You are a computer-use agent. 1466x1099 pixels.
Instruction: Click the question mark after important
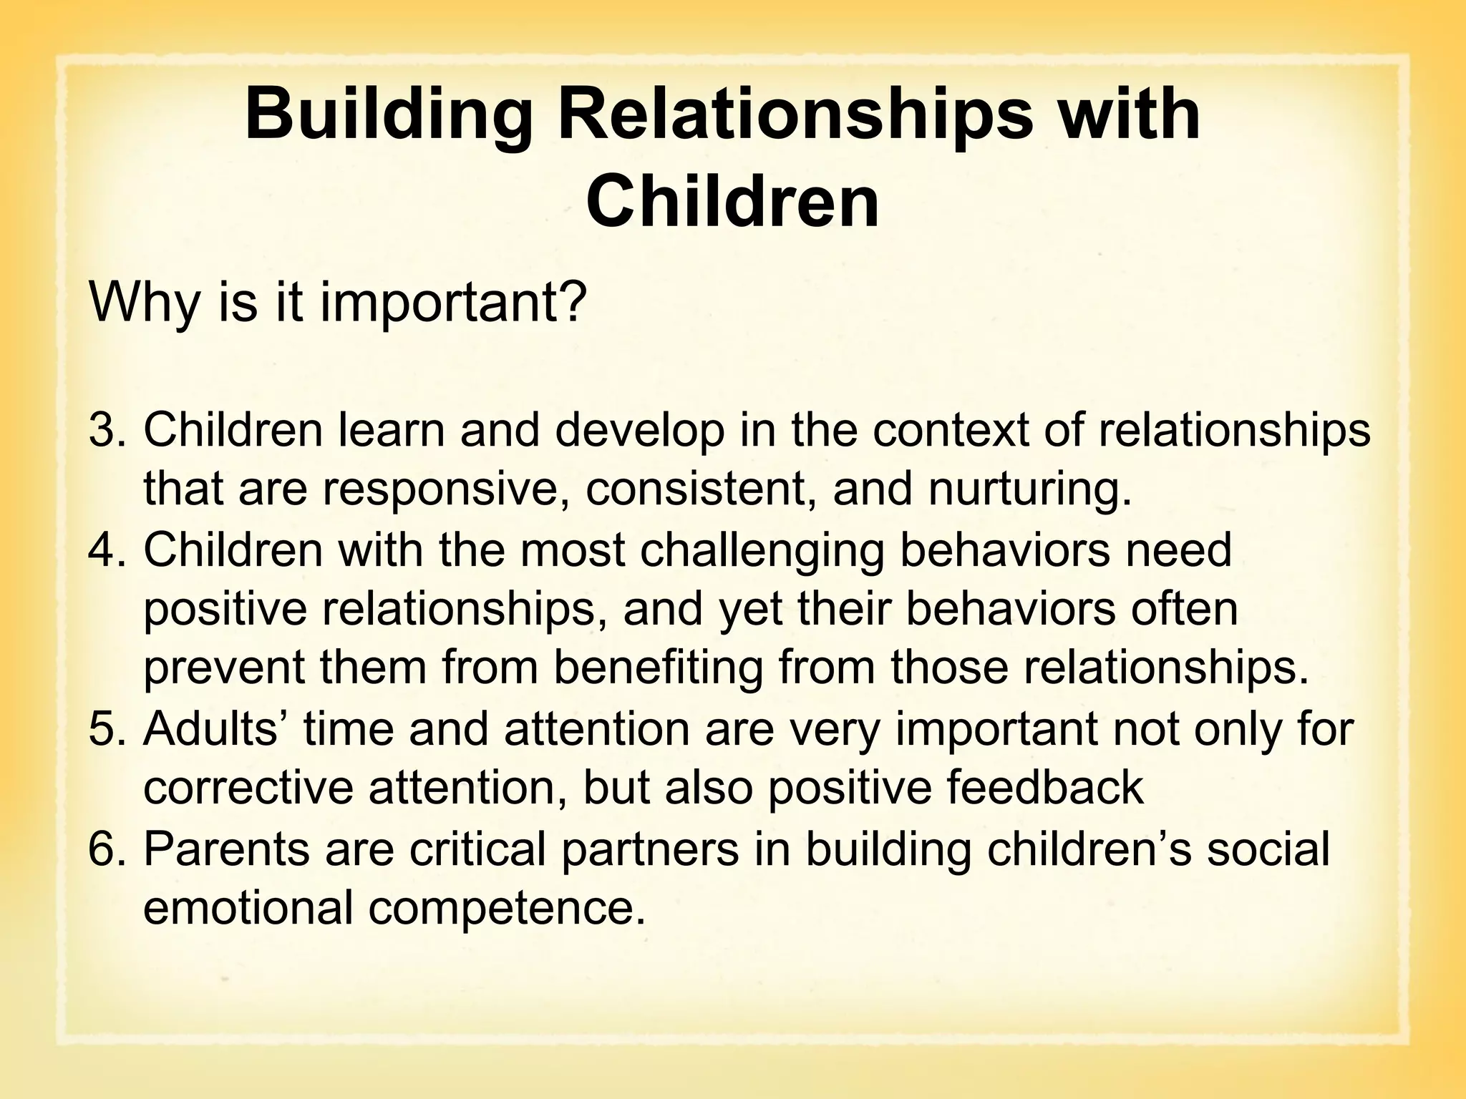(x=573, y=302)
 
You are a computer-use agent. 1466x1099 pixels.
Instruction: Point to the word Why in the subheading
(x=143, y=302)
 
